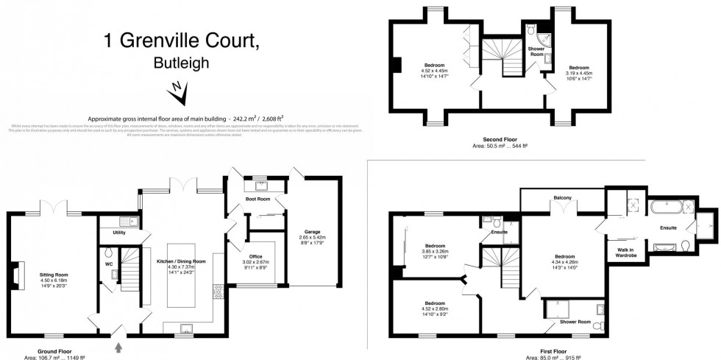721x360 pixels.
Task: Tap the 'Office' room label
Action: click(x=256, y=256)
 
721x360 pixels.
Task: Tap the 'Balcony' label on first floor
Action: click(x=563, y=197)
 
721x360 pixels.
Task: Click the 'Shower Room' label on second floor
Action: click(x=536, y=52)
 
